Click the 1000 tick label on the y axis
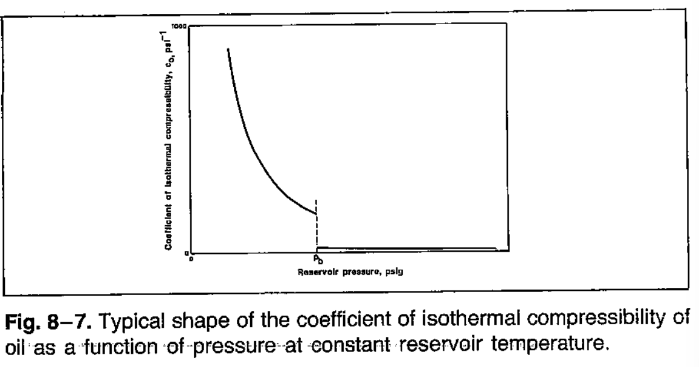coord(181,25)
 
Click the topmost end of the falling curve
coord(228,49)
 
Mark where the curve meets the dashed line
coord(316,214)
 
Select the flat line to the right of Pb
coord(405,247)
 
